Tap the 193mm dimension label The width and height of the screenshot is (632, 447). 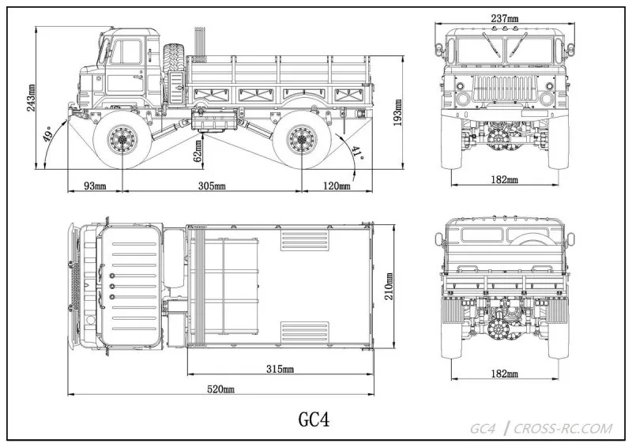tap(399, 111)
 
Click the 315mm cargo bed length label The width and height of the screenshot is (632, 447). tap(280, 369)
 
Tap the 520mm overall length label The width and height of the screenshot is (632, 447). tap(221, 389)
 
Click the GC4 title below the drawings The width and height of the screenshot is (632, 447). tap(313, 419)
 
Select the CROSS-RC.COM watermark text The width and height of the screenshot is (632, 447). tap(562, 429)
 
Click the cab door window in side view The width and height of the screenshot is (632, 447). tap(128, 51)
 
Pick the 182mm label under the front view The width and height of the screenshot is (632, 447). tap(503, 180)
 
